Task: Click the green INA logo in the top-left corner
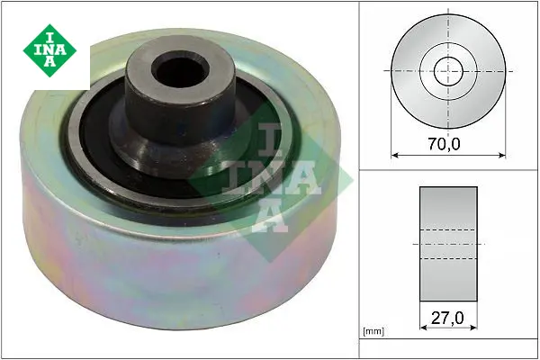(49, 50)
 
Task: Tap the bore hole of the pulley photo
(181, 71)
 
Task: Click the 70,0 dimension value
(445, 144)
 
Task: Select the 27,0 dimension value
(447, 318)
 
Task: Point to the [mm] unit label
(373, 331)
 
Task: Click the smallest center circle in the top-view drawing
(448, 71)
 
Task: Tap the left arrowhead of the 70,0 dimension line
(395, 156)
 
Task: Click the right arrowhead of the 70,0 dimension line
(502, 156)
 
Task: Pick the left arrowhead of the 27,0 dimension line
(424, 328)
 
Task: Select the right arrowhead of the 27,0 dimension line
(473, 328)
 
